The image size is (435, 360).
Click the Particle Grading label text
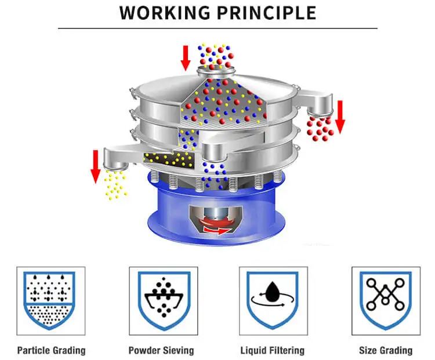click(x=51, y=350)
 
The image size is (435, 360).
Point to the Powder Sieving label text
click(x=161, y=350)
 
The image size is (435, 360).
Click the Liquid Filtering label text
click(x=273, y=350)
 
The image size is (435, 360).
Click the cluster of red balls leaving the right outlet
click(x=320, y=127)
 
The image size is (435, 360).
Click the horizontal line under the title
click(x=217, y=28)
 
